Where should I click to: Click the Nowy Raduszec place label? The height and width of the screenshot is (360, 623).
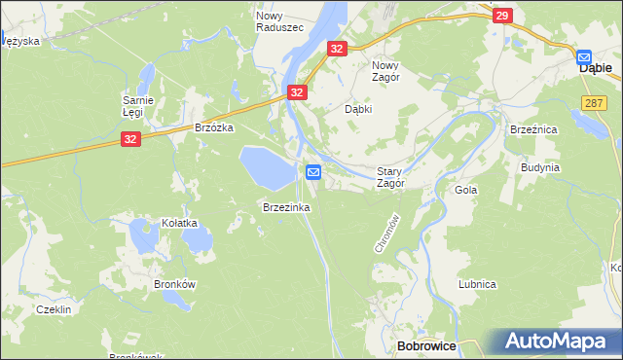point(278,21)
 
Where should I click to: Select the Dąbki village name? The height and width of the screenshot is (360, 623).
point(359,109)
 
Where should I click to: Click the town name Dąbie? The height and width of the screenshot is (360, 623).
point(595,69)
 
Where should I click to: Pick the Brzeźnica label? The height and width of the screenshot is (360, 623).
point(532,127)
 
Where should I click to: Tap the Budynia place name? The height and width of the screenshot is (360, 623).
point(539,166)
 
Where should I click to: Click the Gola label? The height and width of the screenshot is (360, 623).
point(465,190)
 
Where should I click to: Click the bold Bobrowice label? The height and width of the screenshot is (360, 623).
point(428,346)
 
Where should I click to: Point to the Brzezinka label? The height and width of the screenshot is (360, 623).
point(285,207)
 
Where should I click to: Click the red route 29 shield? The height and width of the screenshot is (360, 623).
point(502,16)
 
